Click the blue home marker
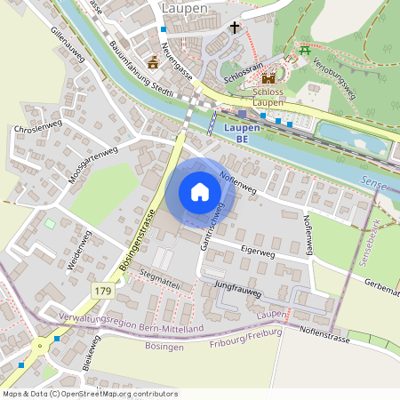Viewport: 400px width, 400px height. [200, 192]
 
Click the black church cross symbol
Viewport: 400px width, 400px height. [235, 28]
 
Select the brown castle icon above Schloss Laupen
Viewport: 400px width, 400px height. [268, 77]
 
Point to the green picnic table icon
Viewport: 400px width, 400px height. [305, 50]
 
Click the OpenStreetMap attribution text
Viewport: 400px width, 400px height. [90, 393]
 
